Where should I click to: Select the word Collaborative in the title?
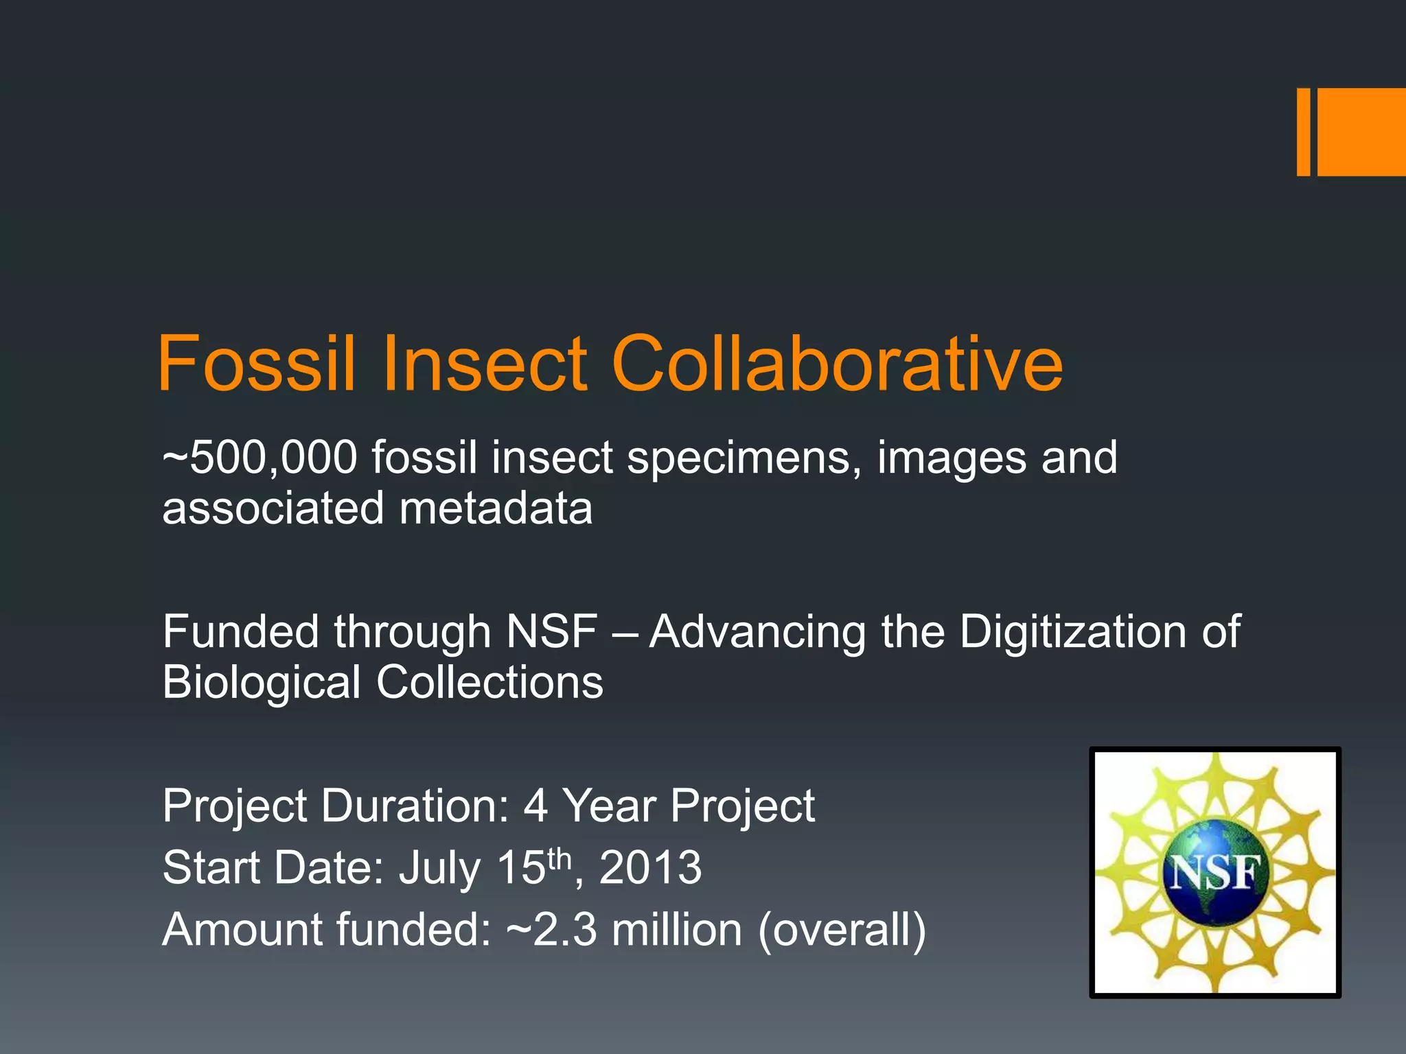836,364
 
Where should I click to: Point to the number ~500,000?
260,458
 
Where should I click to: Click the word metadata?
496,509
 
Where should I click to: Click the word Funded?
240,632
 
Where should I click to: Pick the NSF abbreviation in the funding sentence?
551,632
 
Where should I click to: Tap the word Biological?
262,683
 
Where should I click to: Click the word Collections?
489,683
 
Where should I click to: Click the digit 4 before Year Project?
535,806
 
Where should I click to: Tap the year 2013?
650,867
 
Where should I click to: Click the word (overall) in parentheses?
842,930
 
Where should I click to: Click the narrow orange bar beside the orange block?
1303,132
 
